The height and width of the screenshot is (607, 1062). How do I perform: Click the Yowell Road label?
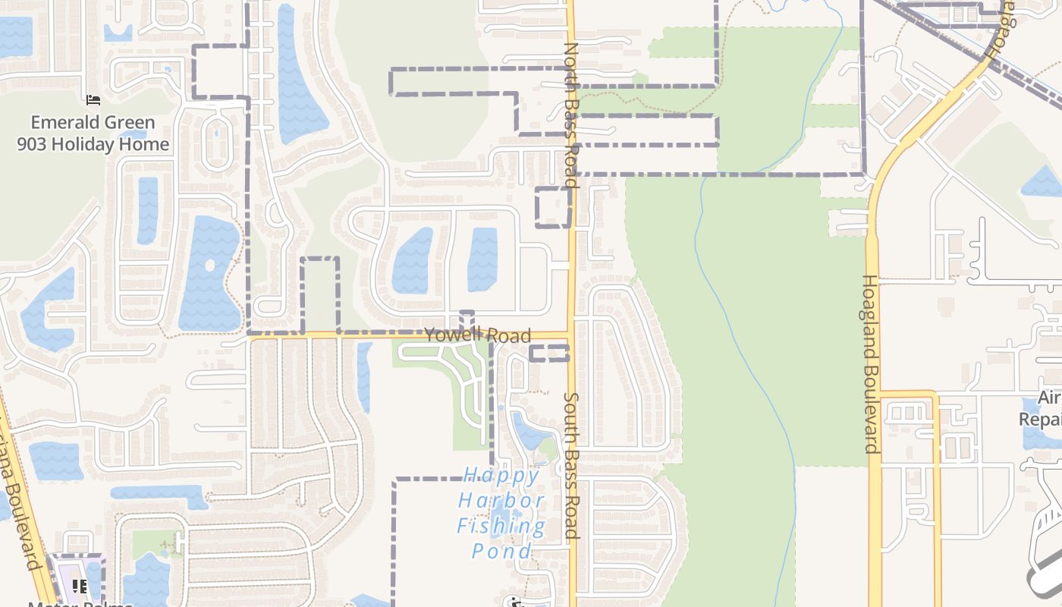(x=477, y=335)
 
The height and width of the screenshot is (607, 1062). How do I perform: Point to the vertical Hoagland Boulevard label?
(x=871, y=363)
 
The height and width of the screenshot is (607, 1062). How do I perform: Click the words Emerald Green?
(x=93, y=123)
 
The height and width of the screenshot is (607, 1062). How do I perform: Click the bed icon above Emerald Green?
(x=93, y=100)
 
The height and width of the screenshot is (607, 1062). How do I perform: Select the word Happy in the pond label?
(x=501, y=476)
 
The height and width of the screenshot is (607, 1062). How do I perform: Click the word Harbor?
(x=501, y=501)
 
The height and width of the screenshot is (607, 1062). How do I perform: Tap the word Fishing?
(x=501, y=526)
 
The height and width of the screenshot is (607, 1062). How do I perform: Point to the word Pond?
(x=501, y=551)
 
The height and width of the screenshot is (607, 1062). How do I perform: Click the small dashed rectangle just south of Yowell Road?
(x=548, y=353)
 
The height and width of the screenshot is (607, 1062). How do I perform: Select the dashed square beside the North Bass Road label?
(x=553, y=207)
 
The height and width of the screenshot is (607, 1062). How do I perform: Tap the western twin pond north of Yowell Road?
(x=412, y=260)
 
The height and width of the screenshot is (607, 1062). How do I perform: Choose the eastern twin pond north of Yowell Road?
(x=482, y=259)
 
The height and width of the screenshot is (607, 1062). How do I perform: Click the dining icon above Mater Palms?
(x=79, y=586)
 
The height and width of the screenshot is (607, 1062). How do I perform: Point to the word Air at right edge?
(x=1050, y=398)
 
